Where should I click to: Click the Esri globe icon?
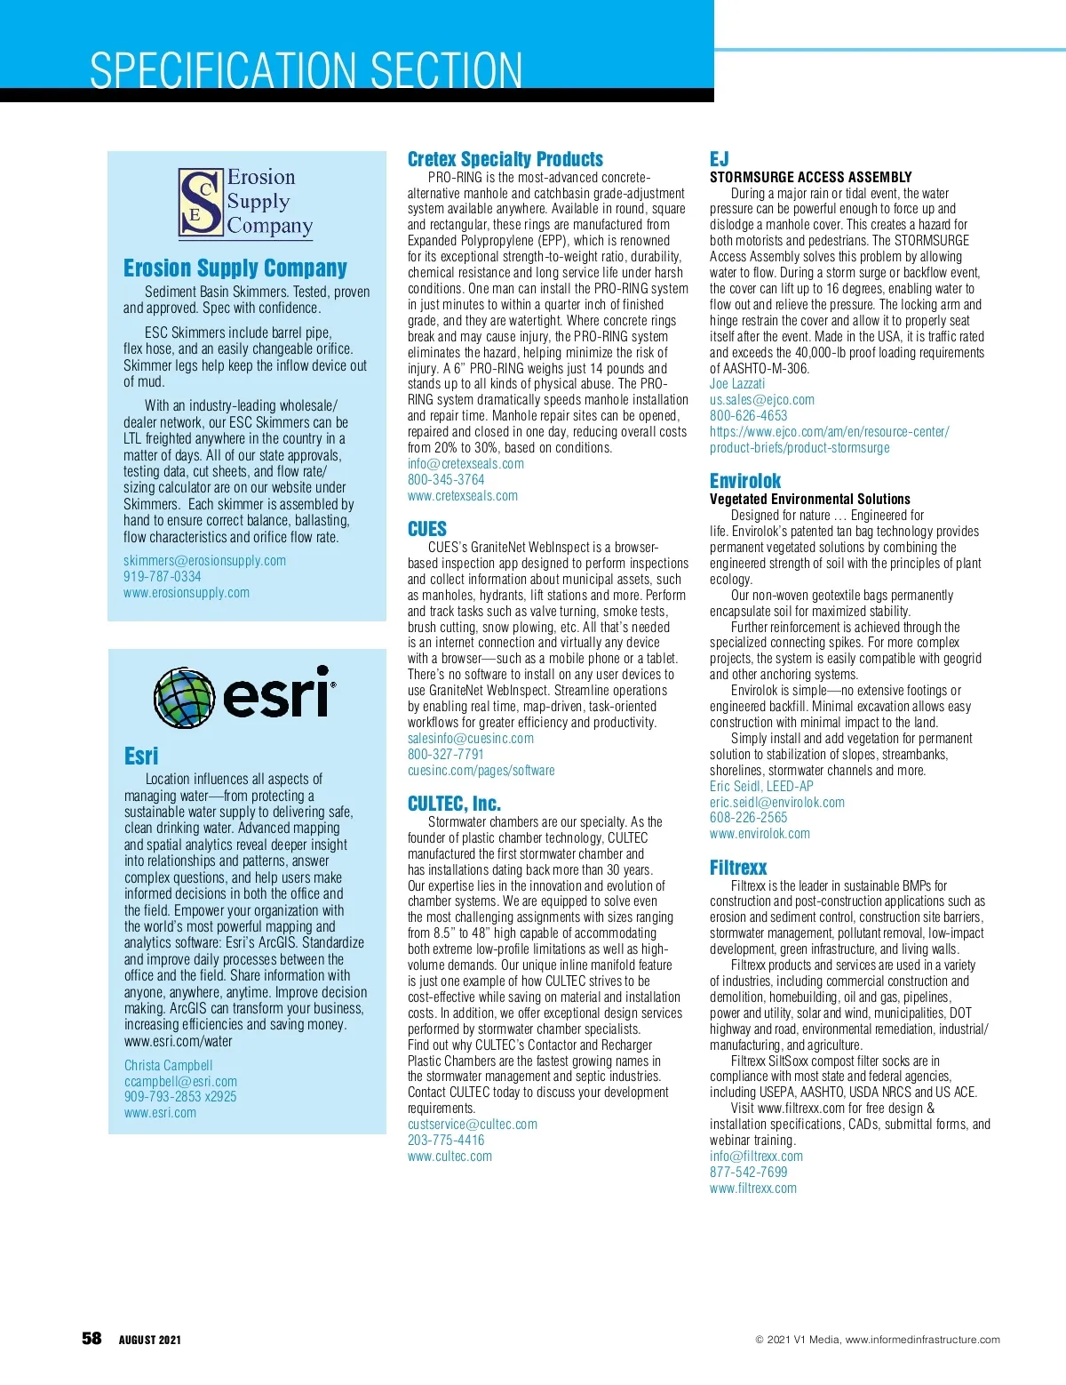[185, 697]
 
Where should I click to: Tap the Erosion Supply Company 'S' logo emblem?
[200, 204]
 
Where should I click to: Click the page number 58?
[91, 1339]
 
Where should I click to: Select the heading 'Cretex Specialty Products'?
[505, 159]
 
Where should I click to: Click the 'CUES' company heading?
[427, 529]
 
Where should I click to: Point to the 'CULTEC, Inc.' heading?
[454, 804]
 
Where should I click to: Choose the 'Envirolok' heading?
[745, 481]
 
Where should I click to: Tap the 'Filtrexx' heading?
[738, 868]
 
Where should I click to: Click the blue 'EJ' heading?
[719, 159]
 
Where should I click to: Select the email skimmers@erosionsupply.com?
[204, 561]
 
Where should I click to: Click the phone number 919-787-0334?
[163, 577]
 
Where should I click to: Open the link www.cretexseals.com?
[463, 496]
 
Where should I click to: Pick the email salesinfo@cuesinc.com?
[471, 739]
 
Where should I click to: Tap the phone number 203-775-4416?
[446, 1141]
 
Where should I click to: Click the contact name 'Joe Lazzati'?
[737, 384]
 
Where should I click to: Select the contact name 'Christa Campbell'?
[169, 1065]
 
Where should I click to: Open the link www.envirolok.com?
[760, 834]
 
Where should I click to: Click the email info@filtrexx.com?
[756, 1157]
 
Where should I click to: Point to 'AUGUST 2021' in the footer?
[150, 1340]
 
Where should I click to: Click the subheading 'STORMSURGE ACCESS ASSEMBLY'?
[811, 177]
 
